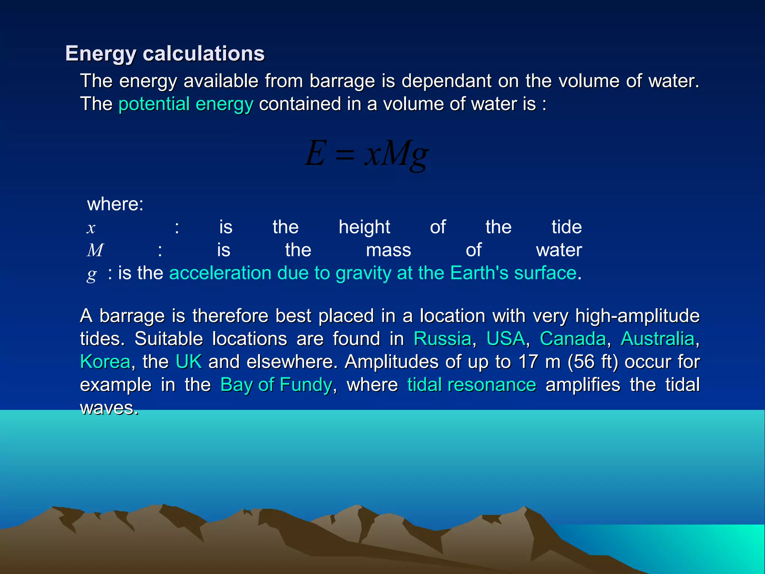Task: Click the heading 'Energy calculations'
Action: pos(165,53)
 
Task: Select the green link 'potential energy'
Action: pos(186,104)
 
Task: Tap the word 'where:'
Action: pos(115,204)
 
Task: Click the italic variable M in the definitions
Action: pos(95,250)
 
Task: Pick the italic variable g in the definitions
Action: pos(92,275)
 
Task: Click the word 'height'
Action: pos(364,227)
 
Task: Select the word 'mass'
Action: pos(388,250)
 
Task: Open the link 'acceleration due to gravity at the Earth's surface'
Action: pos(373,273)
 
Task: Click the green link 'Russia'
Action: pos(442,339)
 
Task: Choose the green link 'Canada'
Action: pos(573,339)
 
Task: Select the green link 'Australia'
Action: pos(657,339)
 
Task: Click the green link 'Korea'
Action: pos(105,362)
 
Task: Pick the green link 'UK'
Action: pos(189,362)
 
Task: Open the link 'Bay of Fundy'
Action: pos(276,385)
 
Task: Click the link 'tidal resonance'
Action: pos(471,385)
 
